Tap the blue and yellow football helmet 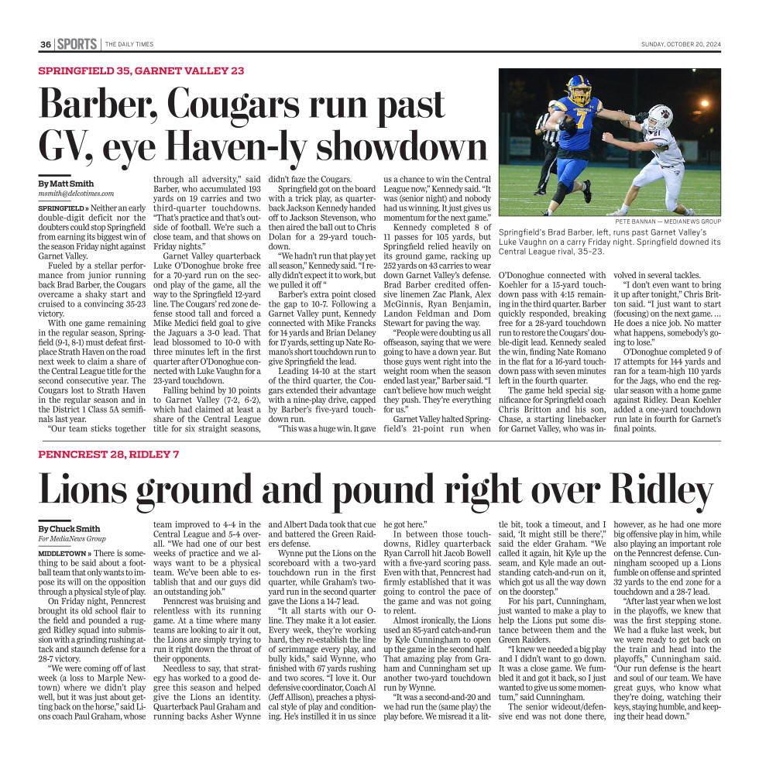(x=579, y=90)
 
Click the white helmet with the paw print (x=660, y=115)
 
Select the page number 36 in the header (x=46, y=44)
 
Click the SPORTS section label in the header (x=77, y=44)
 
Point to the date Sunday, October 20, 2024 (x=680, y=44)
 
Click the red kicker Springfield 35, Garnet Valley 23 (x=141, y=70)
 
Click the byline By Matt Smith (x=66, y=184)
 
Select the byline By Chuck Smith (x=69, y=528)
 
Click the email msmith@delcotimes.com (x=76, y=194)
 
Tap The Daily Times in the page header (x=129, y=44)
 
